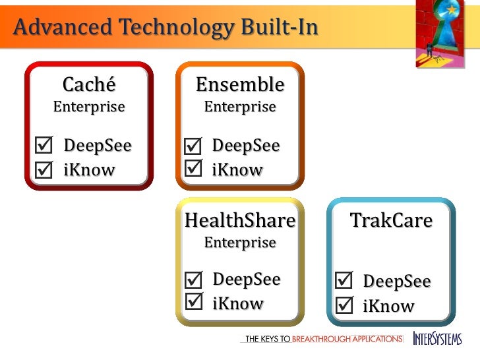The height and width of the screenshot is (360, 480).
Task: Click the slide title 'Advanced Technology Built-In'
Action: click(x=165, y=28)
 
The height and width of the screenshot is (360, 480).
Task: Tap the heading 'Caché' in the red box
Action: click(x=88, y=84)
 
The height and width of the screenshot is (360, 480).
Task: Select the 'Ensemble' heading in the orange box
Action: click(x=240, y=84)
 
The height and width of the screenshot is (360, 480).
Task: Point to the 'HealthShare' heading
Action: click(x=240, y=220)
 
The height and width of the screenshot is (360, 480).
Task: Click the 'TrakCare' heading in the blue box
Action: click(x=391, y=220)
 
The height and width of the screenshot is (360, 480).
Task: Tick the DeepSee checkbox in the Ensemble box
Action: click(x=193, y=146)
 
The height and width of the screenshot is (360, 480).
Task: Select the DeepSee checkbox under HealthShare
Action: click(x=194, y=280)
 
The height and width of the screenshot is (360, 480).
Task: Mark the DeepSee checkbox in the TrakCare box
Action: click(x=344, y=282)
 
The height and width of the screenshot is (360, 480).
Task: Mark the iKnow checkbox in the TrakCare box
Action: click(x=344, y=305)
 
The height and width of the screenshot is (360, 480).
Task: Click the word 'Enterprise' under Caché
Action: click(x=88, y=107)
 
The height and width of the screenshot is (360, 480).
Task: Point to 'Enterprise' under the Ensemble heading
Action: click(x=240, y=107)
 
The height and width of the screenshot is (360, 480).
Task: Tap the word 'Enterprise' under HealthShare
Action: click(x=240, y=243)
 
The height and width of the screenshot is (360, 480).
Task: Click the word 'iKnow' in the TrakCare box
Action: click(x=388, y=307)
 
